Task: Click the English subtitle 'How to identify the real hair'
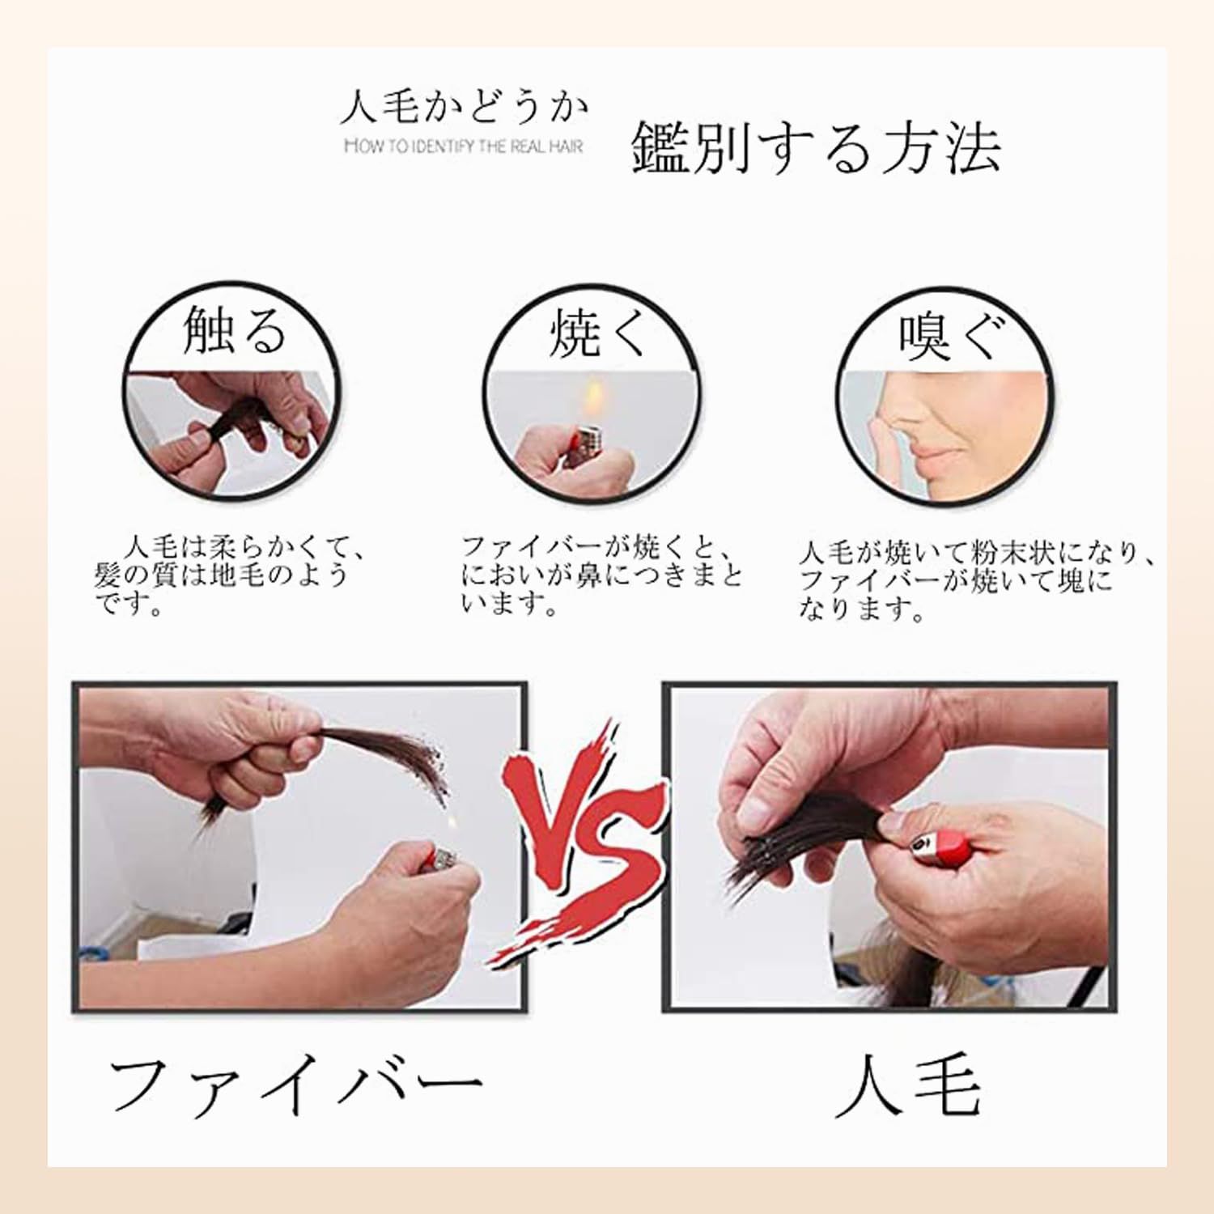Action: click(463, 146)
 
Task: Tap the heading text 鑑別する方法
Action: click(815, 148)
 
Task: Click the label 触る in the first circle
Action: click(235, 330)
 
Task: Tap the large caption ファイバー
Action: click(295, 1085)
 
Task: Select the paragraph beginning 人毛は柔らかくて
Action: click(231, 575)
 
